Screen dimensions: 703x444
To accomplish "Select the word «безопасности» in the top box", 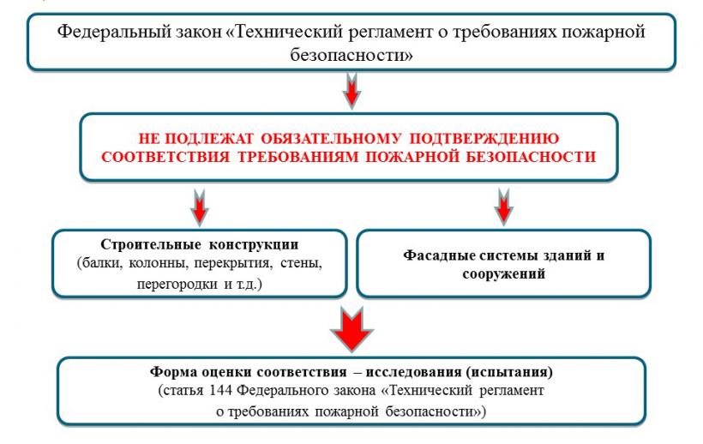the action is (x=351, y=55).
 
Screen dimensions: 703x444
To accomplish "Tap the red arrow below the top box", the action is (x=351, y=91).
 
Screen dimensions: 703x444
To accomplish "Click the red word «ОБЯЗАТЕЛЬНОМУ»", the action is (x=330, y=138).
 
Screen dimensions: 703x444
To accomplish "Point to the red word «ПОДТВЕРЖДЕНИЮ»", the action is (x=484, y=138).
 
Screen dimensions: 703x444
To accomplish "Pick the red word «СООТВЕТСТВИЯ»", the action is (x=165, y=157).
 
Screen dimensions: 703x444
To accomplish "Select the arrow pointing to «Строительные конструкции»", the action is (x=199, y=207).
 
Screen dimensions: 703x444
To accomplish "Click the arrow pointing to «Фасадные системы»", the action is (x=503, y=206).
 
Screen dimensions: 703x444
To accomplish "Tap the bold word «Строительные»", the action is (x=151, y=244).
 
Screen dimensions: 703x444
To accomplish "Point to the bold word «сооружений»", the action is (x=503, y=273).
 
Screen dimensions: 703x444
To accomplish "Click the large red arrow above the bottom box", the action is (x=351, y=329).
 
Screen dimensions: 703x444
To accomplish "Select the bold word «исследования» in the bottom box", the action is (x=413, y=372).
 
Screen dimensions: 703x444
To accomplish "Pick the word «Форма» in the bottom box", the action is (x=173, y=372).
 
